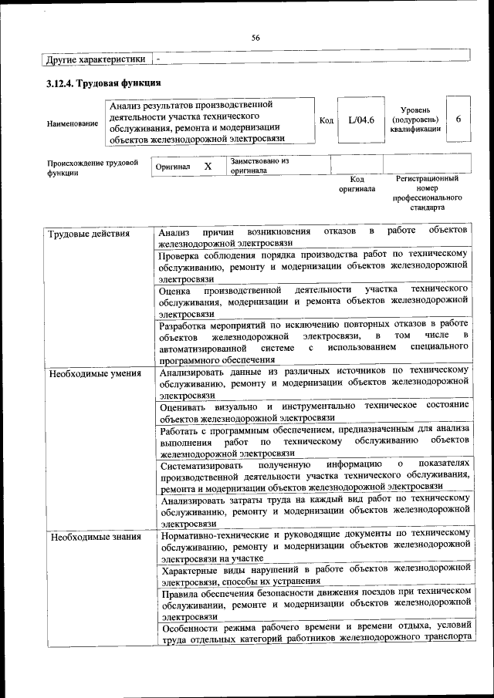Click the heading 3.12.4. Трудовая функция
click(x=103, y=83)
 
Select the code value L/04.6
click(x=360, y=120)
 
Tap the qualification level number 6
click(x=458, y=120)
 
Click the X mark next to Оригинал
click(x=208, y=166)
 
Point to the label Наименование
click(x=73, y=123)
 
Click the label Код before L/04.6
click(x=327, y=121)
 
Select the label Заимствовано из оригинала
click(x=259, y=166)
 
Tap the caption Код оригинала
click(x=357, y=184)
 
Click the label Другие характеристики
click(x=95, y=59)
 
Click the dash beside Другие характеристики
click(x=158, y=59)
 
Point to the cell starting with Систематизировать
click(x=313, y=475)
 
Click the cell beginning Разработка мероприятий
click(x=313, y=341)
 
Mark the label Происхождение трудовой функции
click(x=93, y=168)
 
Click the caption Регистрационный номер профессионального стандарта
click(x=427, y=193)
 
